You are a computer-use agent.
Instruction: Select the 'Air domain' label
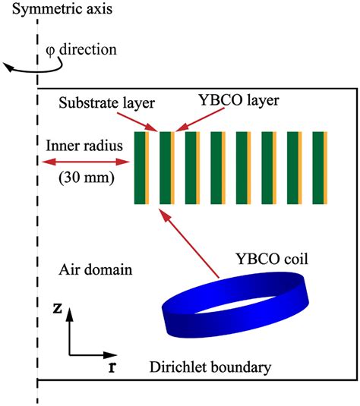click(93, 269)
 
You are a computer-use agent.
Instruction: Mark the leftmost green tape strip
click(140, 168)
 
